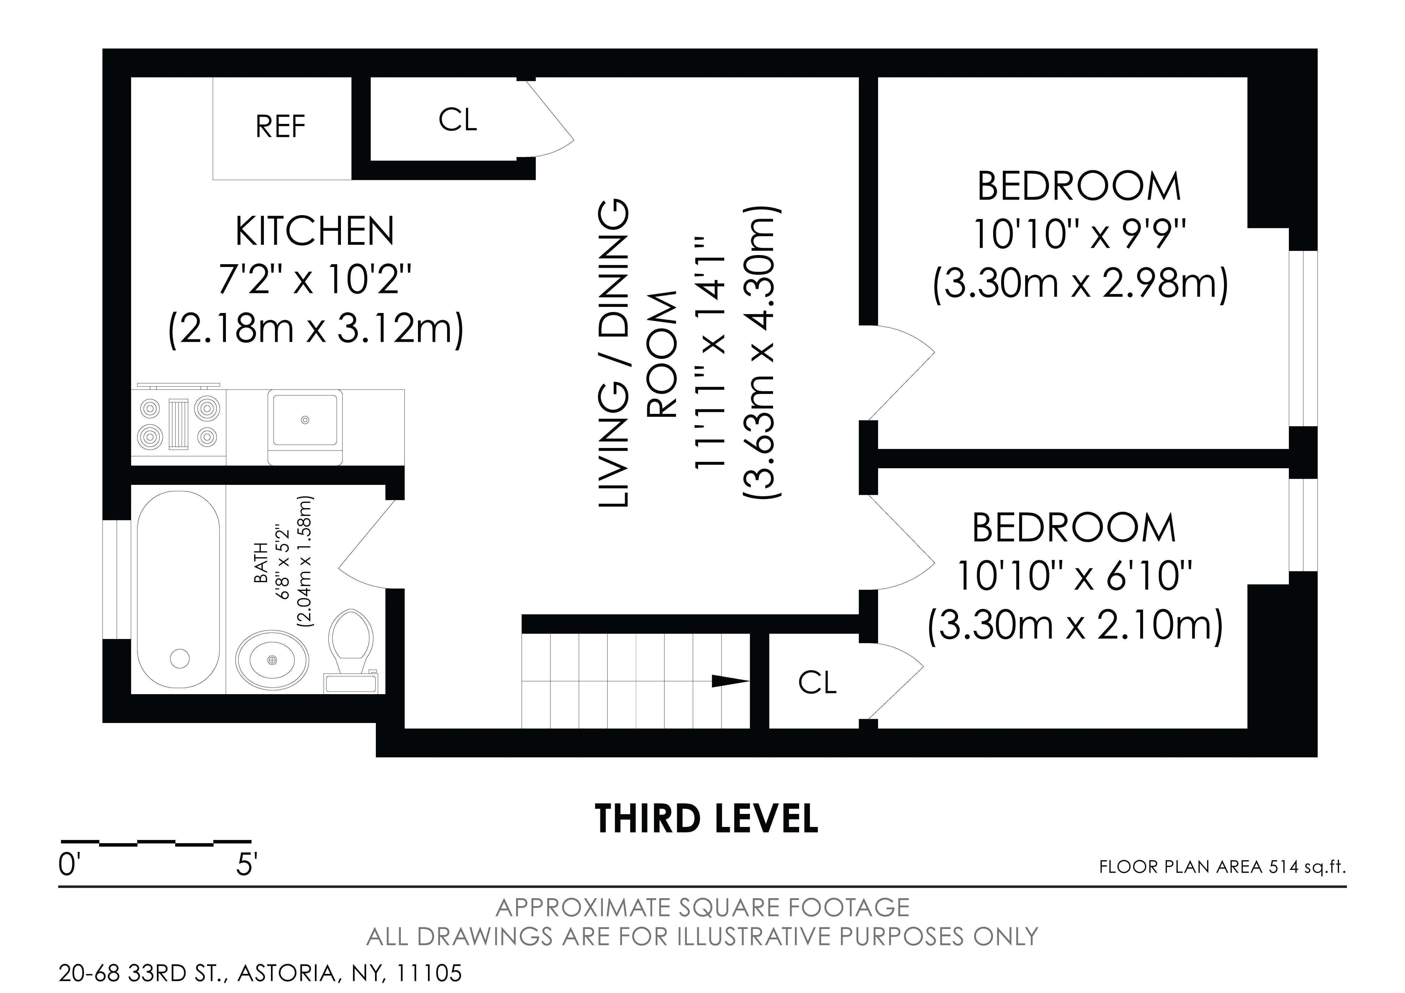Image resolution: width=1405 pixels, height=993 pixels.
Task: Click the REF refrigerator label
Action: tap(280, 127)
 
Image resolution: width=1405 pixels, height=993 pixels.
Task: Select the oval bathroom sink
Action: tap(272, 659)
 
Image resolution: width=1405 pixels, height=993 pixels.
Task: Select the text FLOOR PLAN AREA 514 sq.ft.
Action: tap(1222, 867)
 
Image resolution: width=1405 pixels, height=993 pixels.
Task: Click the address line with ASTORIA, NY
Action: tap(260, 973)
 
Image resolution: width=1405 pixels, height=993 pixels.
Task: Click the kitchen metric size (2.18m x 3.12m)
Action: tap(316, 331)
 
